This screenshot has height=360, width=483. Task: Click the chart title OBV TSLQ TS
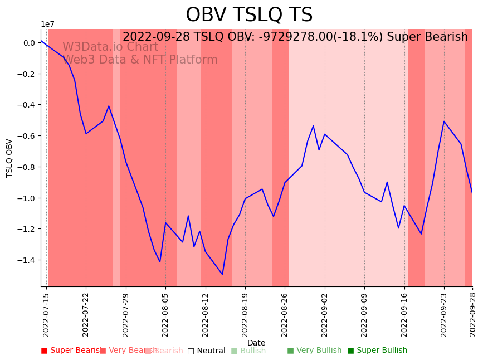(x=249, y=15)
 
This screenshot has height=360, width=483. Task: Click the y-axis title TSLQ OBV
(x=9, y=158)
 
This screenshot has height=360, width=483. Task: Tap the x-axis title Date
(x=256, y=343)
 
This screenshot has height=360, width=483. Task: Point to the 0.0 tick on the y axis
(x=29, y=43)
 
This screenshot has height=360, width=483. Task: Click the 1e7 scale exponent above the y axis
(x=47, y=24)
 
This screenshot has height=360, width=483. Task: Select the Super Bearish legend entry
(x=72, y=351)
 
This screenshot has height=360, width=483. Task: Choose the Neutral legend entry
(x=207, y=351)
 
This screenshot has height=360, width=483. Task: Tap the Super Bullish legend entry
(x=378, y=351)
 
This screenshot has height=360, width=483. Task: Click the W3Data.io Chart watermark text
(x=110, y=47)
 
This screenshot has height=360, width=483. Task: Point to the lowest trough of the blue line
(x=222, y=274)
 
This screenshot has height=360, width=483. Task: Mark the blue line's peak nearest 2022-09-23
(x=444, y=121)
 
